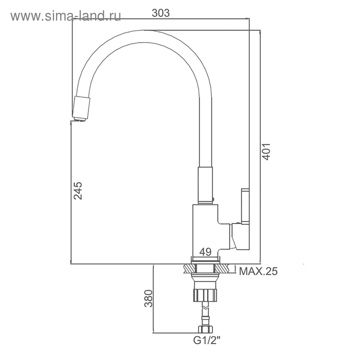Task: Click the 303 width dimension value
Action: (160, 13)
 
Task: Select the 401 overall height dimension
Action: (266, 152)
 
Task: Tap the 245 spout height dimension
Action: (78, 191)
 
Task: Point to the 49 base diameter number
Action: (205, 252)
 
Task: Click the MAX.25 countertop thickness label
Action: (258, 272)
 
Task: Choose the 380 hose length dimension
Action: (148, 298)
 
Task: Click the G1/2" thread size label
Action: (207, 340)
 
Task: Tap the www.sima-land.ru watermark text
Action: (66, 16)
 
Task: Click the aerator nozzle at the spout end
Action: (81, 109)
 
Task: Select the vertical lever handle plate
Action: (245, 206)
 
